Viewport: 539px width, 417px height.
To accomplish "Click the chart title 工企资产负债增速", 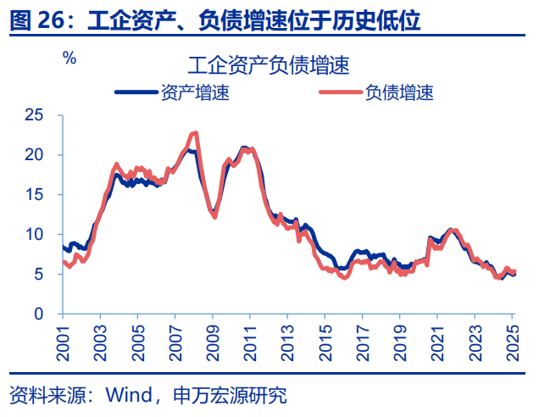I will pyautogui.click(x=269, y=64).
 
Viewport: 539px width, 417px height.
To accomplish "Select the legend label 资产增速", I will pyautogui.click(x=194, y=92).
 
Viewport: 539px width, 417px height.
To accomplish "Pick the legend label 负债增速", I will pyautogui.click(x=399, y=92).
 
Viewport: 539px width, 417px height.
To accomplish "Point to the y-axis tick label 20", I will pyautogui.click(x=34, y=154).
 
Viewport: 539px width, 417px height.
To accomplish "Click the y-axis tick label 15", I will pyautogui.click(x=34, y=194).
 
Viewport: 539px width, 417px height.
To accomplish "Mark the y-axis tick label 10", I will pyautogui.click(x=34, y=234).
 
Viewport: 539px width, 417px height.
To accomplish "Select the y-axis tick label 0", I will pyautogui.click(x=38, y=314).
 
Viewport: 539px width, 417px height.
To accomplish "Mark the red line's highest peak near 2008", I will pyautogui.click(x=196, y=132).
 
